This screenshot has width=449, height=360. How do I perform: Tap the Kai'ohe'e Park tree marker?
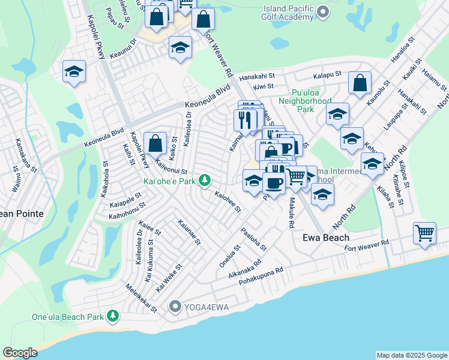[205, 179]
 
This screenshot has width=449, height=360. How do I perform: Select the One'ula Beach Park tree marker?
[112, 316]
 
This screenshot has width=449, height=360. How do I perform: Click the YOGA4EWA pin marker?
[175, 307]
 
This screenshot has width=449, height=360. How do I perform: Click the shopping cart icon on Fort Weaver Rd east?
[424, 232]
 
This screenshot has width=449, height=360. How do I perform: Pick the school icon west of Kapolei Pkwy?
[74, 72]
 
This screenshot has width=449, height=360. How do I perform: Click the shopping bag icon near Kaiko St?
[155, 143]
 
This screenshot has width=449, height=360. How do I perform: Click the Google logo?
[20, 353]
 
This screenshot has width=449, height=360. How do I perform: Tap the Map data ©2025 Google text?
[411, 355]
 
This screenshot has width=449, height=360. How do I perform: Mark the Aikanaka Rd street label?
[246, 268]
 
